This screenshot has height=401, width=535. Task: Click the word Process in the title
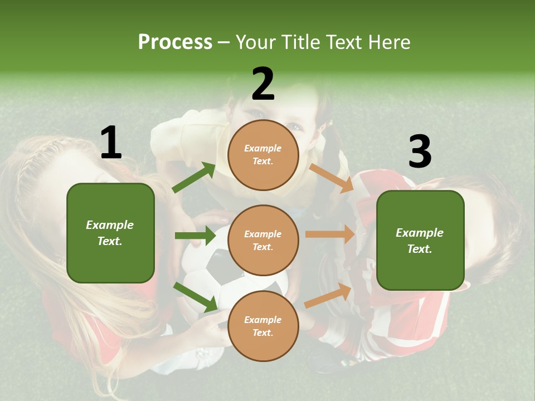coord(175,42)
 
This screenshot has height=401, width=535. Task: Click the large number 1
coord(111,143)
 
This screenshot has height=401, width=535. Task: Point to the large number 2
coord(263,85)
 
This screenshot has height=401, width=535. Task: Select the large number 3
coord(420,152)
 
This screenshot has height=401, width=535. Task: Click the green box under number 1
coord(110,233)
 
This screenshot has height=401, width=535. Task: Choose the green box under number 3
coord(420,241)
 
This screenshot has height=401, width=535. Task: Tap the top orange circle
coord(263,155)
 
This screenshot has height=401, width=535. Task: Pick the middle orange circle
coord(263,240)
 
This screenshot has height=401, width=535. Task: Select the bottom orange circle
coord(263,326)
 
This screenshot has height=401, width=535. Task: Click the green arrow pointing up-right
coord(194,178)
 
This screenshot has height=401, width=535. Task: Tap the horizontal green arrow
coord(195,236)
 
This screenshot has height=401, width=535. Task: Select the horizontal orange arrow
coord(330,234)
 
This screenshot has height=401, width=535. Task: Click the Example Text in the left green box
coord(110,233)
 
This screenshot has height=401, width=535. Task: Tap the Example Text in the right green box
coord(420,241)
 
